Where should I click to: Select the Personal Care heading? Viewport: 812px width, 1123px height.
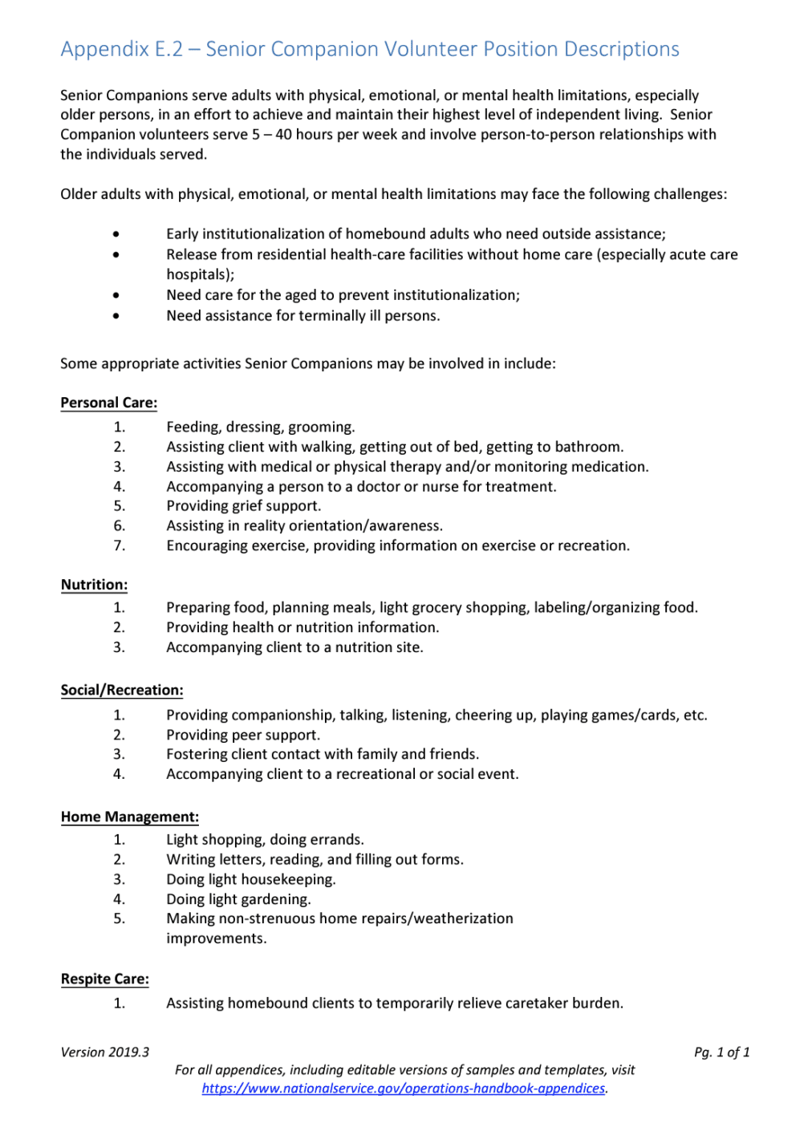click(x=108, y=403)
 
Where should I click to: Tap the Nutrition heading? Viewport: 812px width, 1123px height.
click(x=94, y=585)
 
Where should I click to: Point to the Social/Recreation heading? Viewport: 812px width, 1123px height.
click(x=121, y=690)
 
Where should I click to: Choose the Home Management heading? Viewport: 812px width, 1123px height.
click(x=129, y=817)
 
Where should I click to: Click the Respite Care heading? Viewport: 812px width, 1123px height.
click(x=104, y=979)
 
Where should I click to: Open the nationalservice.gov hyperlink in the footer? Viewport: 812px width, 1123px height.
click(x=404, y=1089)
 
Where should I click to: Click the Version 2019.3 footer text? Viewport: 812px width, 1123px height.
click(x=104, y=1052)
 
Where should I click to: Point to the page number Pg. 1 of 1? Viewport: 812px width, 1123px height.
click(x=721, y=1052)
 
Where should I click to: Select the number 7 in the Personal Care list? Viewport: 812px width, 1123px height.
click(x=119, y=545)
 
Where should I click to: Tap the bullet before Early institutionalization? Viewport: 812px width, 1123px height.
click(x=116, y=234)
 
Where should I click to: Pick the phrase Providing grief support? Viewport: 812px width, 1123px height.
click(x=243, y=506)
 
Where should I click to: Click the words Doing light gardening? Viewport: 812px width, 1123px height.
click(x=238, y=899)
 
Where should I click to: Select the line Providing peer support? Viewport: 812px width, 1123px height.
click(x=242, y=735)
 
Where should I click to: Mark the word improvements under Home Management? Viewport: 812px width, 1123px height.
click(x=216, y=939)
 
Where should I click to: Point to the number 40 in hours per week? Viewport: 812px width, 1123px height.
click(x=283, y=135)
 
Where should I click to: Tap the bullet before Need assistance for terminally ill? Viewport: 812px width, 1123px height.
click(x=116, y=316)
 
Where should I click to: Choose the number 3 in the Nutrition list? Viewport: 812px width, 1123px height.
click(x=119, y=647)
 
